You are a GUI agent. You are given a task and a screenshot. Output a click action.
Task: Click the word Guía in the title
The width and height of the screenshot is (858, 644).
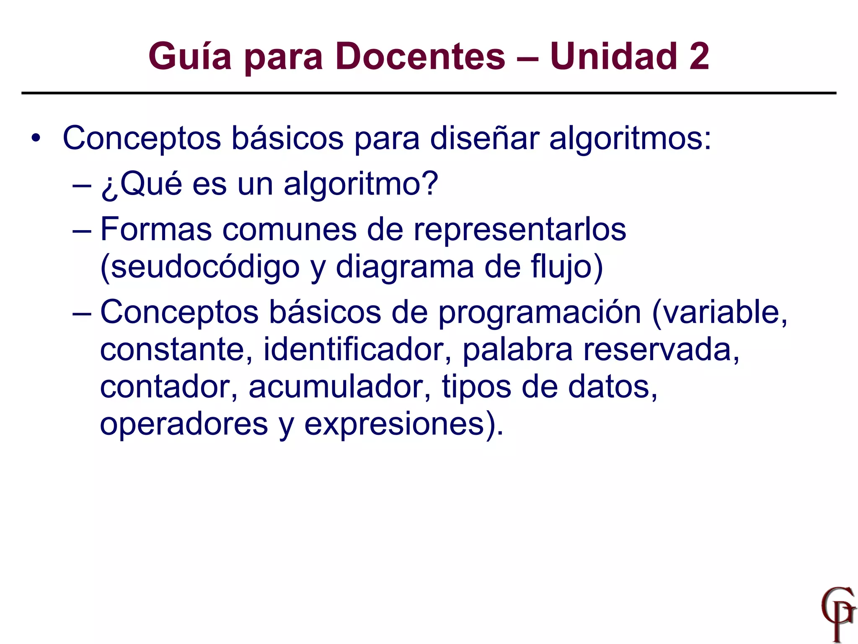(190, 57)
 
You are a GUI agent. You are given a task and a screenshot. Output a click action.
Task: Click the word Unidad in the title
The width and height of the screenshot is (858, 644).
(614, 57)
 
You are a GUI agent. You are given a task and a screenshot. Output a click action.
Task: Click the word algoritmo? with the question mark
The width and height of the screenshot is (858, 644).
(361, 184)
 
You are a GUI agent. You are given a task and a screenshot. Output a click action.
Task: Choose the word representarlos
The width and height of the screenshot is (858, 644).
(519, 230)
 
